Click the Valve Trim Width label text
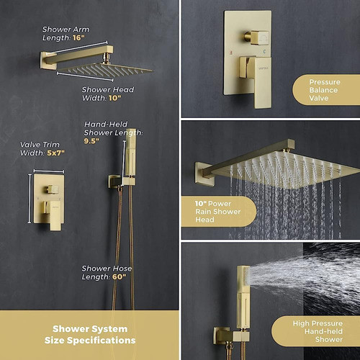(40, 148)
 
